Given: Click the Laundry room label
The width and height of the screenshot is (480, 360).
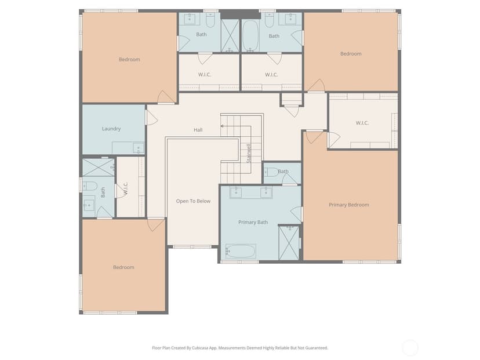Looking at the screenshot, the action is [111, 129].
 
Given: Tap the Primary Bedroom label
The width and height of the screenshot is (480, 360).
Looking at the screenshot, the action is [348, 205].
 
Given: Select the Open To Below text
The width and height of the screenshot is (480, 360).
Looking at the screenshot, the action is [193, 201].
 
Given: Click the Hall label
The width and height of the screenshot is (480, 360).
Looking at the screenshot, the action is [198, 130].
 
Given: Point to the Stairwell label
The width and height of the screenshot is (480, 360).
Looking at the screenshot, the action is [249, 154].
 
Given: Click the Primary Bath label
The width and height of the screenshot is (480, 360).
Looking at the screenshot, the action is [253, 222].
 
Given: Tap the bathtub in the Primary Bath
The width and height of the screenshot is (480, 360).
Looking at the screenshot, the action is [241, 251].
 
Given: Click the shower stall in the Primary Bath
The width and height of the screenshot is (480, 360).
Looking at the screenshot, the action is [289, 242].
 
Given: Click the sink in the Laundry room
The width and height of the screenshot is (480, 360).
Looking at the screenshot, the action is [138, 148].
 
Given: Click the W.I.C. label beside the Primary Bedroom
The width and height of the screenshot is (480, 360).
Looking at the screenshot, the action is [362, 123].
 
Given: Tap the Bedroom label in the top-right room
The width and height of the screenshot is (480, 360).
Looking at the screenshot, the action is [351, 54].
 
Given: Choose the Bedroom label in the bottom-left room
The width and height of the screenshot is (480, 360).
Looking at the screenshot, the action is [123, 267].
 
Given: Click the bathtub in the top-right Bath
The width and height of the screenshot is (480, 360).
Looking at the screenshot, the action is [250, 36].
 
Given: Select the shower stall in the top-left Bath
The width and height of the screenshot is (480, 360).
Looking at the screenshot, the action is [230, 35].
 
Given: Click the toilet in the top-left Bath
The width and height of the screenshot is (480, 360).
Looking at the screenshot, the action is [210, 20].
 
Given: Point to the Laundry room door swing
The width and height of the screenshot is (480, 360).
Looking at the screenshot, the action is [152, 118].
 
